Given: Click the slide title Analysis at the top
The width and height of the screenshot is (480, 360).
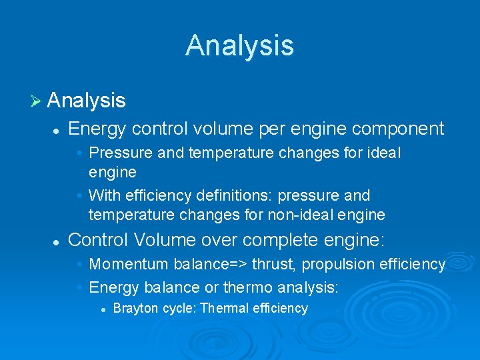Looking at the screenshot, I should [x=239, y=45].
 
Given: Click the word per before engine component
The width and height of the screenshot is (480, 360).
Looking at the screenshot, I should [x=268, y=128].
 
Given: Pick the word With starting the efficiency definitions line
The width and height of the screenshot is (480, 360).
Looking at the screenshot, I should [x=103, y=195].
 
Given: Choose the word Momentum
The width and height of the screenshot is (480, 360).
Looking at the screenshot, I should [x=129, y=264].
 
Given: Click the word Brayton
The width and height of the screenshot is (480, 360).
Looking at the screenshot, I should [x=133, y=308].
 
